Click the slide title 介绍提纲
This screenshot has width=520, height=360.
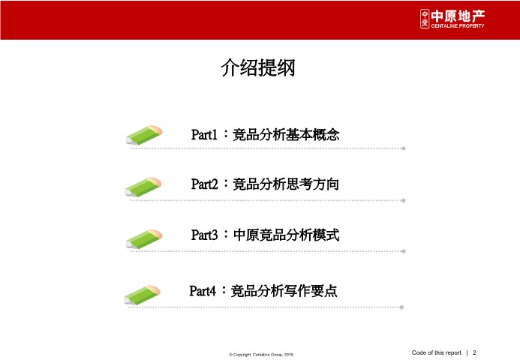tap(258, 67)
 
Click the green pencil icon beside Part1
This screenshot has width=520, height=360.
tap(144, 135)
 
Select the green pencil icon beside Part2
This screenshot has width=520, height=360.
tap(143, 187)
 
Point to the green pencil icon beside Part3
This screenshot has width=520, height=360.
tap(144, 239)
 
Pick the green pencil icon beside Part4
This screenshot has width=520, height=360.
tap(143, 295)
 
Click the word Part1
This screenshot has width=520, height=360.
tap(204, 134)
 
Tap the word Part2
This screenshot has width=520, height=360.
tap(204, 184)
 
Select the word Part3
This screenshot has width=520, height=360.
tap(204, 235)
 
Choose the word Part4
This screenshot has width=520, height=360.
tap(203, 291)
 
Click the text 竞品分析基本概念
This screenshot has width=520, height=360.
tap(286, 134)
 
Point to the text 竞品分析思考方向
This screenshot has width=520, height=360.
tap(286, 184)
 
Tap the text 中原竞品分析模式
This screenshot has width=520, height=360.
tap(286, 235)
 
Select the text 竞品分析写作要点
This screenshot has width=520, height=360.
tap(284, 291)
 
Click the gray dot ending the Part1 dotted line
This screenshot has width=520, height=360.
tap(404, 148)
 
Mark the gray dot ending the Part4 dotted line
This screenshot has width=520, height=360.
tap(401, 307)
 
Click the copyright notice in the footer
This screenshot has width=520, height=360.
tap(261, 354)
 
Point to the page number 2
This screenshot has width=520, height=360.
tap(474, 352)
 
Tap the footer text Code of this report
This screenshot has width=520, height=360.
tap(437, 352)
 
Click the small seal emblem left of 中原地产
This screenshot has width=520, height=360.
tap(425, 19)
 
